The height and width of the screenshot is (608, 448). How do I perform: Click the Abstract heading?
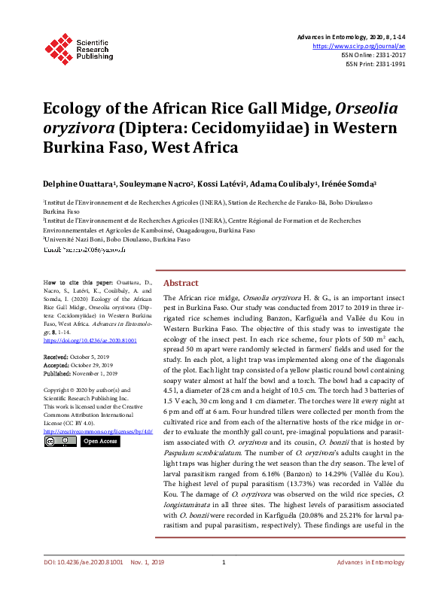[x=181, y=283]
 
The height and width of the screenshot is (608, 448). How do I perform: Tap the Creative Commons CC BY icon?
[x=59, y=442]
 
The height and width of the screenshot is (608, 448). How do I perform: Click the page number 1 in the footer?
[x=224, y=584]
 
